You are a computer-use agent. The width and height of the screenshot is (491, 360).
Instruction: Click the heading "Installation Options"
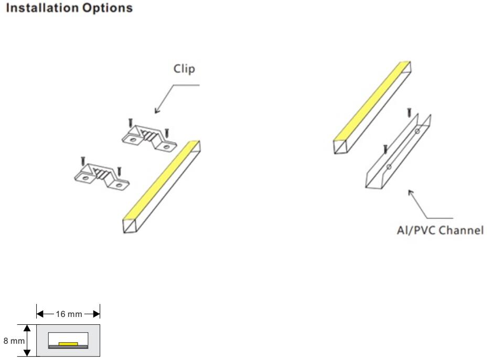(x=69, y=8)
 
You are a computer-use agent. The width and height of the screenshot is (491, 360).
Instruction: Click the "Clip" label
(x=184, y=69)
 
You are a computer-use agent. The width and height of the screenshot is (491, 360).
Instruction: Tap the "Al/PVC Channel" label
(x=440, y=230)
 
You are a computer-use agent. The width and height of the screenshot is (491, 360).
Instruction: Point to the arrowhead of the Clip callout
(x=156, y=111)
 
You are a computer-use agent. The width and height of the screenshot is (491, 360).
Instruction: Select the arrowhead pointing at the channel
(x=410, y=192)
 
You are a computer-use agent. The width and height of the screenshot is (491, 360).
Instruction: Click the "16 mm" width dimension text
(x=69, y=314)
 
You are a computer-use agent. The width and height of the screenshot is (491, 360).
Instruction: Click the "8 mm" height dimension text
(x=14, y=341)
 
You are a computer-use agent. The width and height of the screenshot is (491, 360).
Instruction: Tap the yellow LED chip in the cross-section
(x=68, y=344)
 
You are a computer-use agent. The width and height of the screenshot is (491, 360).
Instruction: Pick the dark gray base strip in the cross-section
(x=68, y=347)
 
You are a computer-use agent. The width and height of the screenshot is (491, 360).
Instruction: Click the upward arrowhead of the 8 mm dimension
(x=27, y=328)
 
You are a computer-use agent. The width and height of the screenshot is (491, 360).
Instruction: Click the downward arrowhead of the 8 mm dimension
(x=27, y=353)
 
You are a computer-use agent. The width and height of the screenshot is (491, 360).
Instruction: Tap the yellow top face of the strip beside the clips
(x=161, y=180)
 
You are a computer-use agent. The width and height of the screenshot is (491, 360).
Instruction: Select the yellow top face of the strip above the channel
(x=372, y=101)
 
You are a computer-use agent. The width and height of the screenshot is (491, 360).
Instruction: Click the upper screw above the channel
(x=409, y=113)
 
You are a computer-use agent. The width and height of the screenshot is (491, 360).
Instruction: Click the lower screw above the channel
(x=386, y=149)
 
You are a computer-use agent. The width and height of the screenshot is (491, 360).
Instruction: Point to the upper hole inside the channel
(x=417, y=131)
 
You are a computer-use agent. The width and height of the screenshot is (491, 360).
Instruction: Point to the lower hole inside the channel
(x=389, y=167)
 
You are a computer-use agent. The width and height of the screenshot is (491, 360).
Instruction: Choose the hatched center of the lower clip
(x=101, y=174)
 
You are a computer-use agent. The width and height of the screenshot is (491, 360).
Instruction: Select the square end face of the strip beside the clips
(x=130, y=226)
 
